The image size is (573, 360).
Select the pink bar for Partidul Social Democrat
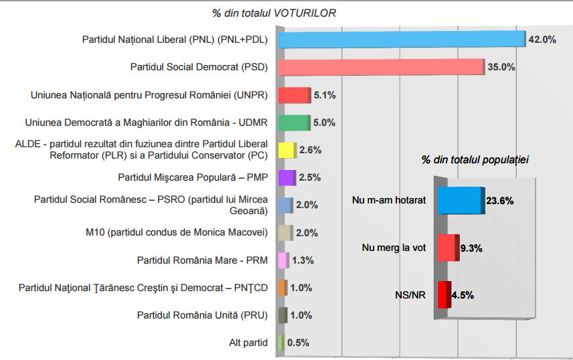coord(380,67)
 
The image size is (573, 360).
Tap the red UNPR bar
coord(294,95)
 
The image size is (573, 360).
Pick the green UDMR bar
coord(293,122)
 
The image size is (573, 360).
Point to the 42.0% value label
coord(542,39)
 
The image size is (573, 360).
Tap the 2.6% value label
coord(310,150)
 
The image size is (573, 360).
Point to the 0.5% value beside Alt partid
coord(298,343)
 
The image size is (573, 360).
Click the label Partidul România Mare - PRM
coord(202,260)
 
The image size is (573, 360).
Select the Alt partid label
coord(248,343)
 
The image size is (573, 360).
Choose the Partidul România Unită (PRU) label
coord(202,315)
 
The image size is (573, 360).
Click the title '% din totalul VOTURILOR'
coord(274,13)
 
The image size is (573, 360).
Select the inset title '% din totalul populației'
coord(475,160)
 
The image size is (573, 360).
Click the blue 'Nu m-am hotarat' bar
coord(460,200)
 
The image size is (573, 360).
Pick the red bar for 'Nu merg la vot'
coord(447,248)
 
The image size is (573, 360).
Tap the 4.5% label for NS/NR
coord(463,295)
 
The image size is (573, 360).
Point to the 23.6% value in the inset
coord(500,200)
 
